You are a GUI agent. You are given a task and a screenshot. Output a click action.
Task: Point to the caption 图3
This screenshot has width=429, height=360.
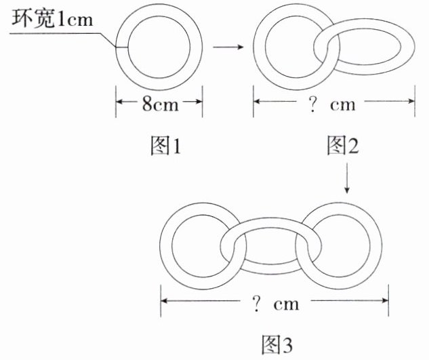276,344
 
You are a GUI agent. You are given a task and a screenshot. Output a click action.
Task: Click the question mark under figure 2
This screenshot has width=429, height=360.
315,104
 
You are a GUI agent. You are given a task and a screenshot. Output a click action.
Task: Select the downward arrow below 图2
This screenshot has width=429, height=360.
346,179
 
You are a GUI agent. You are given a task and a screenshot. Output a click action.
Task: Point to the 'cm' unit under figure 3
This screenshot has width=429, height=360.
286,304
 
